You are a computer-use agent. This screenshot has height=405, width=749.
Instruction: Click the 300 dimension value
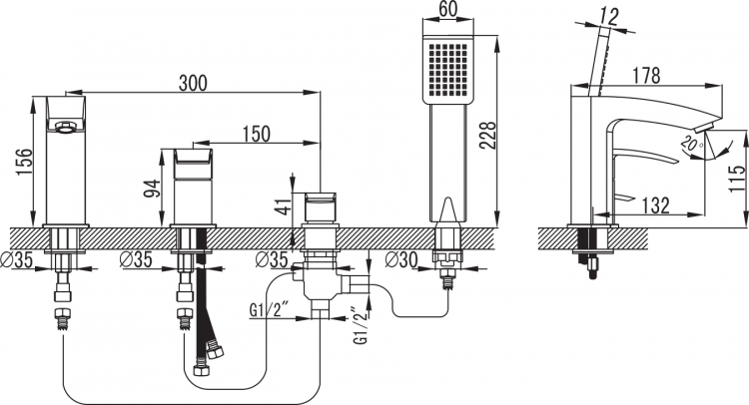193,83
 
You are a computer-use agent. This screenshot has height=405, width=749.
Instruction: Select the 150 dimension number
256,134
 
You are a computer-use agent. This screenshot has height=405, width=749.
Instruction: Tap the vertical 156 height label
24,162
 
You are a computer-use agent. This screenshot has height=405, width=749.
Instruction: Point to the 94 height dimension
152,189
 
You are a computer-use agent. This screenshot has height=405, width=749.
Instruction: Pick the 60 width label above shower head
447,9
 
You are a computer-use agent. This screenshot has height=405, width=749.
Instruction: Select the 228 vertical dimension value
488,137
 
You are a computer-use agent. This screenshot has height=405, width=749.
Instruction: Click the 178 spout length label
646,76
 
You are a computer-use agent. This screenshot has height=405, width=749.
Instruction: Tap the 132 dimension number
655,205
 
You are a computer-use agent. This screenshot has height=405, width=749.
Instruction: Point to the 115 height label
737,178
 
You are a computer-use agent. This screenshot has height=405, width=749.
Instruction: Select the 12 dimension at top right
608,18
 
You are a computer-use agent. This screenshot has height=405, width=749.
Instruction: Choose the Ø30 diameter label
402,260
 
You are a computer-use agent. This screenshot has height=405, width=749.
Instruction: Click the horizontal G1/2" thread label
271,310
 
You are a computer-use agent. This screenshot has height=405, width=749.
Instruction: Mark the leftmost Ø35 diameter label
17,260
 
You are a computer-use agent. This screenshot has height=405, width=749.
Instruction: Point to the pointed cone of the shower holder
448,209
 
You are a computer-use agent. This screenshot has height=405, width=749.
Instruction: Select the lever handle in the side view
642,158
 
